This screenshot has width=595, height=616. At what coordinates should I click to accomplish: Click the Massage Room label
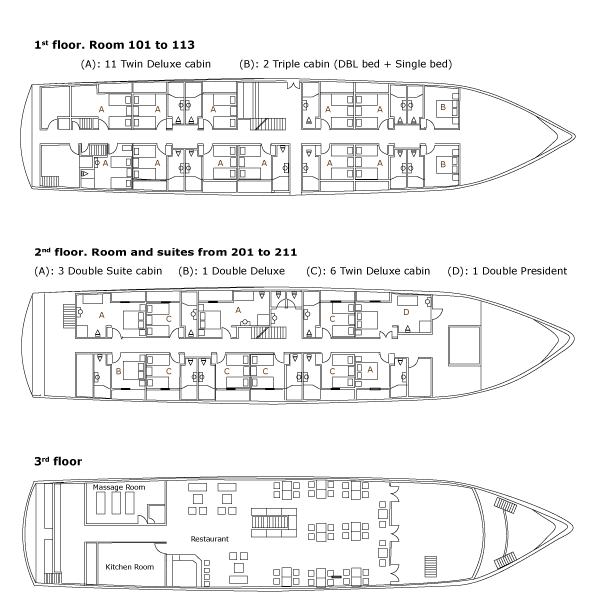(x=119, y=487)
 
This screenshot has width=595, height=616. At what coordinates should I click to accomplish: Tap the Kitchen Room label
(x=130, y=567)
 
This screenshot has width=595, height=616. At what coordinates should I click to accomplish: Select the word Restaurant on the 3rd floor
(x=209, y=539)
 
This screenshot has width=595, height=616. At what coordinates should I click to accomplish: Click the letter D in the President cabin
(x=406, y=312)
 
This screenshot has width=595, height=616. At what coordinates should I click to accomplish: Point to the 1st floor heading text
(x=114, y=45)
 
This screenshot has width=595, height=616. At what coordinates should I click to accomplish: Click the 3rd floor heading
(x=58, y=461)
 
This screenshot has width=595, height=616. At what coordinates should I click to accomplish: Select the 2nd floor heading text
(x=165, y=252)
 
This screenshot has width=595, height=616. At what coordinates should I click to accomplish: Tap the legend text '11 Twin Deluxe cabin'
(x=157, y=64)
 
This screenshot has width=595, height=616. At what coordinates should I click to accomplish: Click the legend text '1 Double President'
(x=520, y=271)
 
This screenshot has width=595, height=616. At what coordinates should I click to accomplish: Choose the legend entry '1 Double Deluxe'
(x=243, y=271)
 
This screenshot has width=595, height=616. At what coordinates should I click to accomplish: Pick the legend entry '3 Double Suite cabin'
(x=110, y=271)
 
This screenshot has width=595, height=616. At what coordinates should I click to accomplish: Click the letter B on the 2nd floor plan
(x=118, y=371)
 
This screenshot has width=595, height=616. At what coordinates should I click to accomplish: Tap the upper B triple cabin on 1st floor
(x=443, y=107)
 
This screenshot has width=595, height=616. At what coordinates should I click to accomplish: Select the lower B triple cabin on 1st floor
(x=443, y=164)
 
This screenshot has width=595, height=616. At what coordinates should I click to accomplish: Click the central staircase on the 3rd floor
(x=274, y=522)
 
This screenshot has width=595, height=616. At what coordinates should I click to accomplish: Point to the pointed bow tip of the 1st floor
(x=575, y=137)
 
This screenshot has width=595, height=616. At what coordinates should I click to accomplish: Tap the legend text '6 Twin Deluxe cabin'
(x=380, y=271)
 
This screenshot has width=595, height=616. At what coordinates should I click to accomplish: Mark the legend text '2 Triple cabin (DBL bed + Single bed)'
(x=357, y=64)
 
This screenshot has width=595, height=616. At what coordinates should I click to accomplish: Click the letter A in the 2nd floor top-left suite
(x=102, y=315)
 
